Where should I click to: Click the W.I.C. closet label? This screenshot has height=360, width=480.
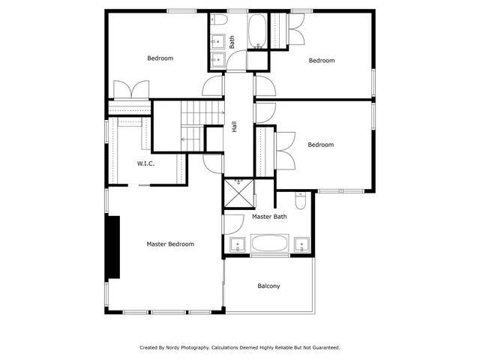[x=145, y=163]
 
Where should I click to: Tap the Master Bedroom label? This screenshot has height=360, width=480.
[x=170, y=244]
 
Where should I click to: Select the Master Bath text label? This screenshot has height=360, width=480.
[x=269, y=217]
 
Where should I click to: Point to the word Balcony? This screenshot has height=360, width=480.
[x=268, y=286]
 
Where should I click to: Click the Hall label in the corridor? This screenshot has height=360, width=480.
[x=234, y=127]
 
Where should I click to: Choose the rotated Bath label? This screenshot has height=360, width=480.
[x=232, y=43]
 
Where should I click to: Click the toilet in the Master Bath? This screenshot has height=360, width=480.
[x=300, y=201]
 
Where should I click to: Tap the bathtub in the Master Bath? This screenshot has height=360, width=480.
[x=269, y=244]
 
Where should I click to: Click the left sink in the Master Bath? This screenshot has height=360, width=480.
[x=237, y=244]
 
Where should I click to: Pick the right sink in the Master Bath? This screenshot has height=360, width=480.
[x=301, y=244]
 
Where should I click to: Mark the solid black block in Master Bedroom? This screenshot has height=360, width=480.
[x=112, y=247]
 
